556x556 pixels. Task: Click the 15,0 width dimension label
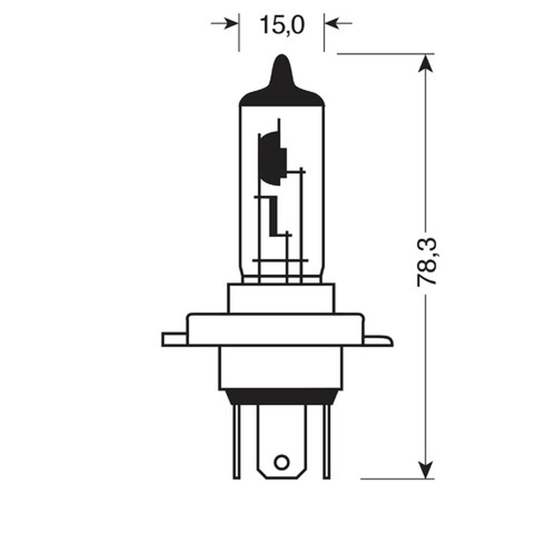click(x=282, y=25)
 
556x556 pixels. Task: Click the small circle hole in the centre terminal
click(x=281, y=461)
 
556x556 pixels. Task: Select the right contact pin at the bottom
click(x=326, y=440)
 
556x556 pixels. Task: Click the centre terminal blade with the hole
click(x=281, y=440)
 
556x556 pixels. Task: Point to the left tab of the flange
click(x=174, y=339)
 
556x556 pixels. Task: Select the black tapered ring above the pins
click(x=280, y=397)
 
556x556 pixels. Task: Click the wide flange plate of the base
click(x=275, y=330)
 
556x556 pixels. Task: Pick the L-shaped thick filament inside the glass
click(x=273, y=218)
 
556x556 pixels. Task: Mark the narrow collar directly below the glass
click(x=280, y=299)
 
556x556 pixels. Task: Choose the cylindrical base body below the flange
click(x=280, y=368)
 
